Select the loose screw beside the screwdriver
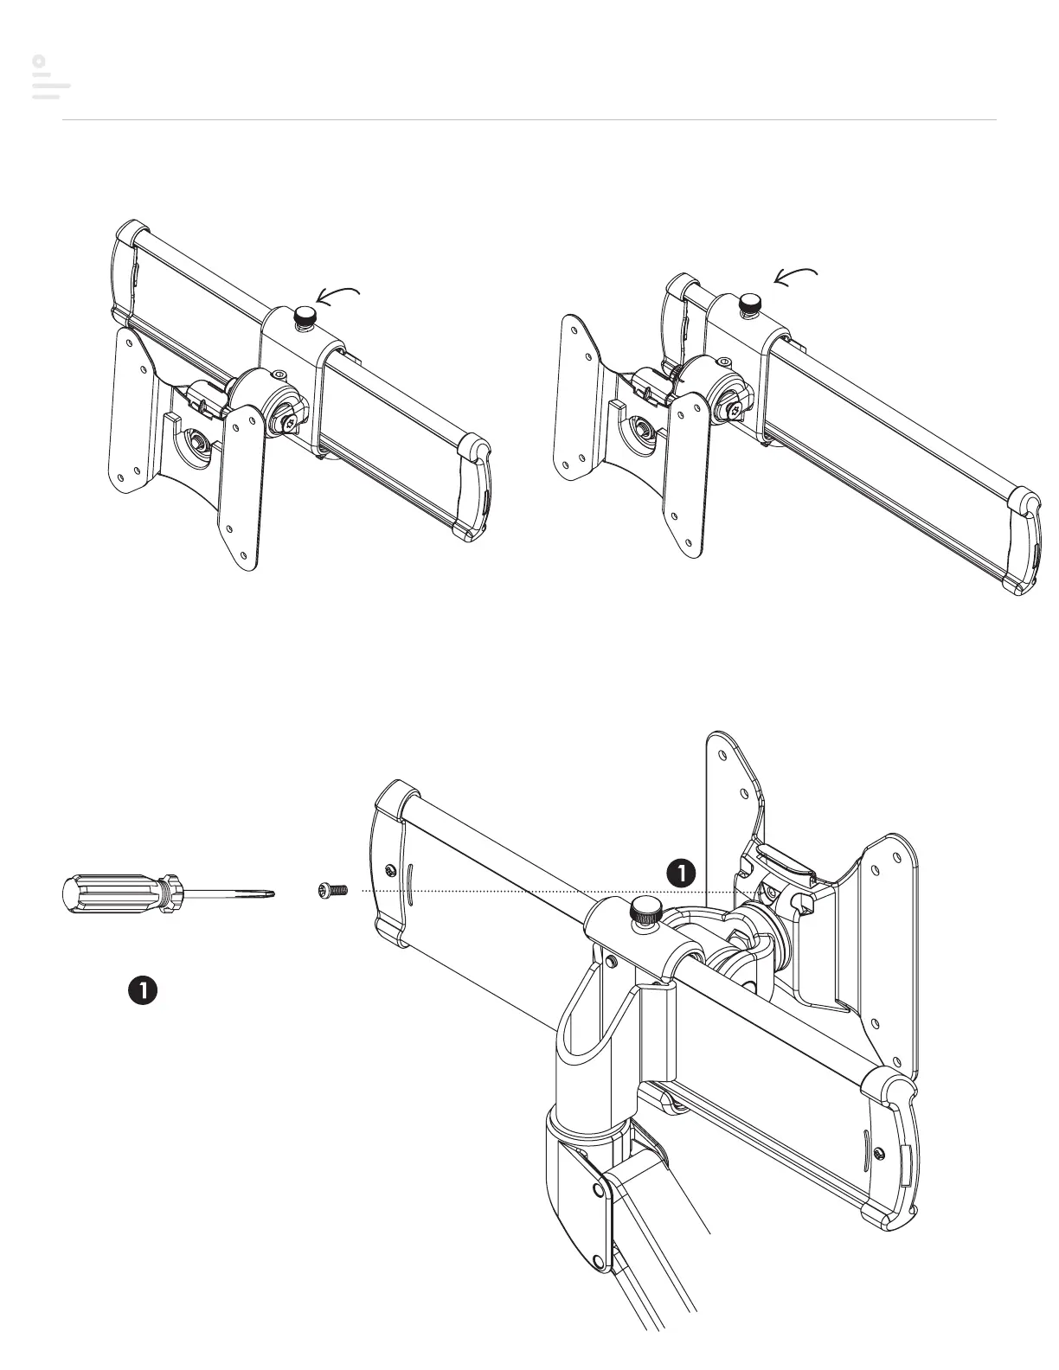tap(332, 891)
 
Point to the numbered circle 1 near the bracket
tap(682, 874)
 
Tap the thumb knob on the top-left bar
tap(305, 317)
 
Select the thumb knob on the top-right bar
tap(749, 304)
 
